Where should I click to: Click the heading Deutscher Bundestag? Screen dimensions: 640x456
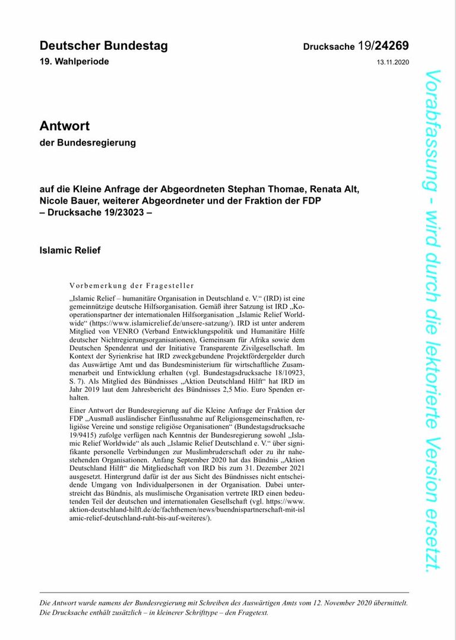103,46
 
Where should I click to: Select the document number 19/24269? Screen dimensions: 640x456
383,46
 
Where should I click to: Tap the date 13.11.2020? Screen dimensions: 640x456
392,62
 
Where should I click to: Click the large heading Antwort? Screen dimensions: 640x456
64,126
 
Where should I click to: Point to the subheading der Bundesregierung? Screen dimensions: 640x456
87,143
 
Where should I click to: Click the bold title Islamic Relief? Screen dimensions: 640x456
69,250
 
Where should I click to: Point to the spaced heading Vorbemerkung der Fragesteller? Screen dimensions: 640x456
131,285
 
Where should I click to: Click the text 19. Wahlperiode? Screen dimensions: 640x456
74,62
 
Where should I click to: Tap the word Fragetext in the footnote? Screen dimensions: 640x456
252,612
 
